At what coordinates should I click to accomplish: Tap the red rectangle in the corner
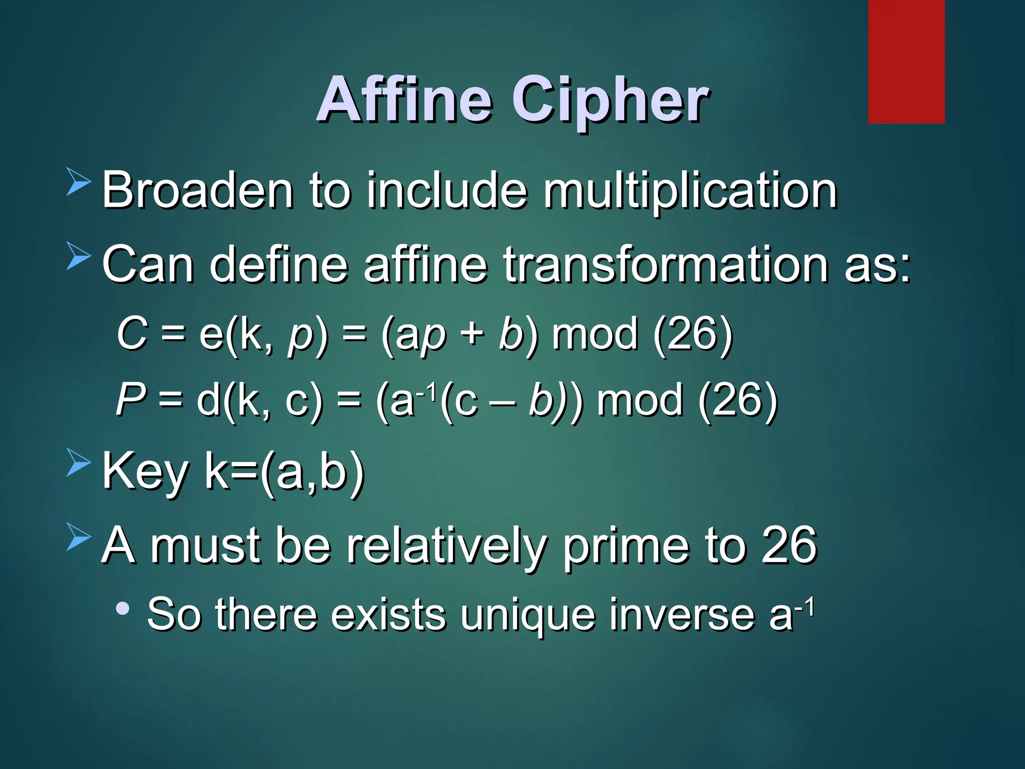(906, 61)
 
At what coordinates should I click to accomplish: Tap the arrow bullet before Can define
(79, 256)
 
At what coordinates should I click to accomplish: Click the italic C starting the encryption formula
(132, 333)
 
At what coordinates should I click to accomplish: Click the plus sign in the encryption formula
(472, 334)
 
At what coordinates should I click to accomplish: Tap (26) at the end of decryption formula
(737, 401)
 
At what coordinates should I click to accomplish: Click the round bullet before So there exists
(122, 609)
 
